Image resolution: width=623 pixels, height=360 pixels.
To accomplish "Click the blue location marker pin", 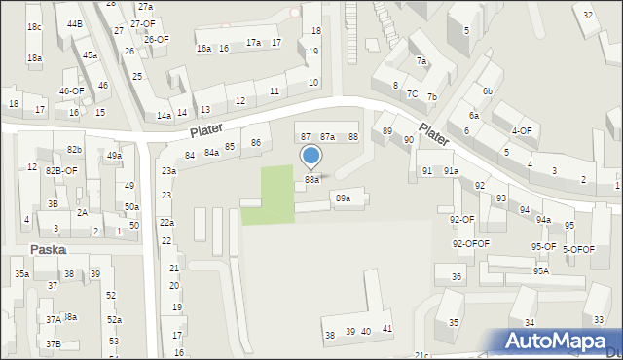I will (311, 157).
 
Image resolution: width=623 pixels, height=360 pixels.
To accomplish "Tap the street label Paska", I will (48, 249).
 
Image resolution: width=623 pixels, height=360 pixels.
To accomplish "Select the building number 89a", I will (342, 198).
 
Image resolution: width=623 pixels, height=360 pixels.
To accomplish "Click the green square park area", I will (269, 195).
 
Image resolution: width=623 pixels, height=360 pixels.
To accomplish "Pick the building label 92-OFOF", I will (470, 243).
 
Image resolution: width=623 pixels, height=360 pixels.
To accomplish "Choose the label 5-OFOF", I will (578, 249).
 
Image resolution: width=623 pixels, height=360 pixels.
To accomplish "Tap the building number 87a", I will (328, 137).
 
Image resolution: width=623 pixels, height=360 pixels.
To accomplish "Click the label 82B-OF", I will (60, 170).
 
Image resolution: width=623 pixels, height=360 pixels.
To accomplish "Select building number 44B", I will (75, 22).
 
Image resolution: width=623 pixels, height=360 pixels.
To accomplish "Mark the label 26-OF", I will (156, 39).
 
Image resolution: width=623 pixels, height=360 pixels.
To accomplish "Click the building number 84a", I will (211, 153).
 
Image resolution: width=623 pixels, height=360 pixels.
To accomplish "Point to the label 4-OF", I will (521, 130).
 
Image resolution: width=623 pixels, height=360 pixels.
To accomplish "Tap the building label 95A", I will (540, 270).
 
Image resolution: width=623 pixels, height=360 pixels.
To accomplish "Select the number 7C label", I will (413, 94).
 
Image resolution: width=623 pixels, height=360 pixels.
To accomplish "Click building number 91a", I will (451, 171).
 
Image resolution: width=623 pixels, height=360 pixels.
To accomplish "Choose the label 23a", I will (168, 171).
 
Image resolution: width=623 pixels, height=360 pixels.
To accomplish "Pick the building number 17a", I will (253, 43).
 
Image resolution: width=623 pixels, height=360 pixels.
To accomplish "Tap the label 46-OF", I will (71, 90).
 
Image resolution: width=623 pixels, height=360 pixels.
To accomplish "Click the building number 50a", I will (131, 207).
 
